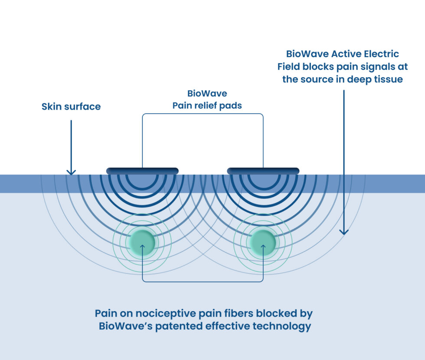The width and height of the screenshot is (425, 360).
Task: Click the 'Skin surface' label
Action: point(71,107)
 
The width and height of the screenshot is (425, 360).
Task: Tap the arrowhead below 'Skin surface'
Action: point(71,172)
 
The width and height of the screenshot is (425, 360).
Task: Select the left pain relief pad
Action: point(142,171)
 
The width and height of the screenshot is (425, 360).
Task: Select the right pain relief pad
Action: point(263,171)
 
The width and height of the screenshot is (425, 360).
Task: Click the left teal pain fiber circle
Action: point(142,242)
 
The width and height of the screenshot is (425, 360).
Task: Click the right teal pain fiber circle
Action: point(263,242)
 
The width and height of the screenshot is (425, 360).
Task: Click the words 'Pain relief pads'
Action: point(207,106)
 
